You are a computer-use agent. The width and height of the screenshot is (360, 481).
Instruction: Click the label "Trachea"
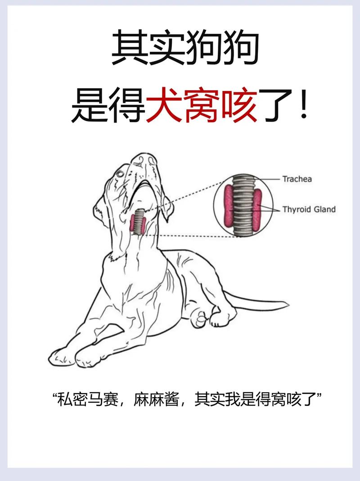coord(297,179)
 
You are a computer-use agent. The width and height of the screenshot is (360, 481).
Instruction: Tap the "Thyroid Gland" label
coord(309,209)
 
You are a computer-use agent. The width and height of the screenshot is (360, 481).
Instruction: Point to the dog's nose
coord(148,158)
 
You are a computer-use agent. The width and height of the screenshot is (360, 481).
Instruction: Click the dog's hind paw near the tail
coord(220,318)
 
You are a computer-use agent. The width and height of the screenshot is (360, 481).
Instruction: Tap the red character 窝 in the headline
coord(202,107)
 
